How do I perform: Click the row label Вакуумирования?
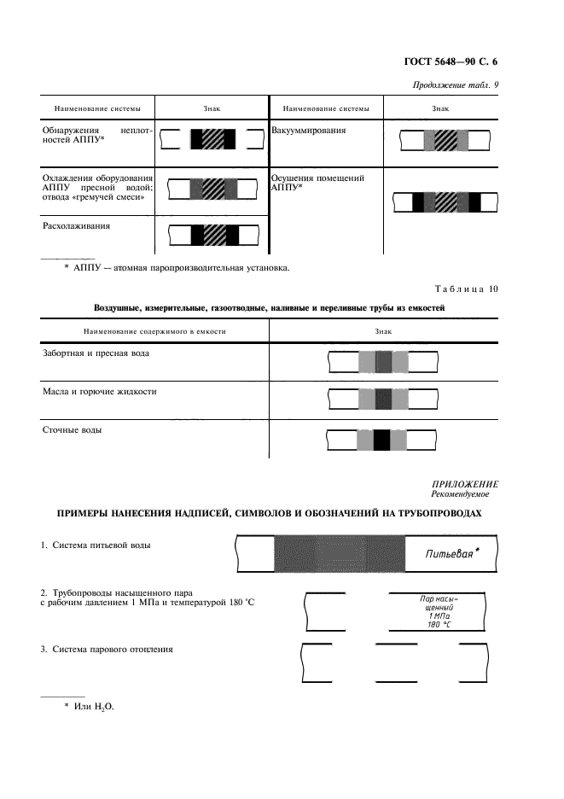[x=309, y=131]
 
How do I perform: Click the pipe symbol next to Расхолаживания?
[x=213, y=234]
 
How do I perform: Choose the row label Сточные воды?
[x=73, y=430]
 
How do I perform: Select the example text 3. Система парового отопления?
[x=108, y=650]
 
